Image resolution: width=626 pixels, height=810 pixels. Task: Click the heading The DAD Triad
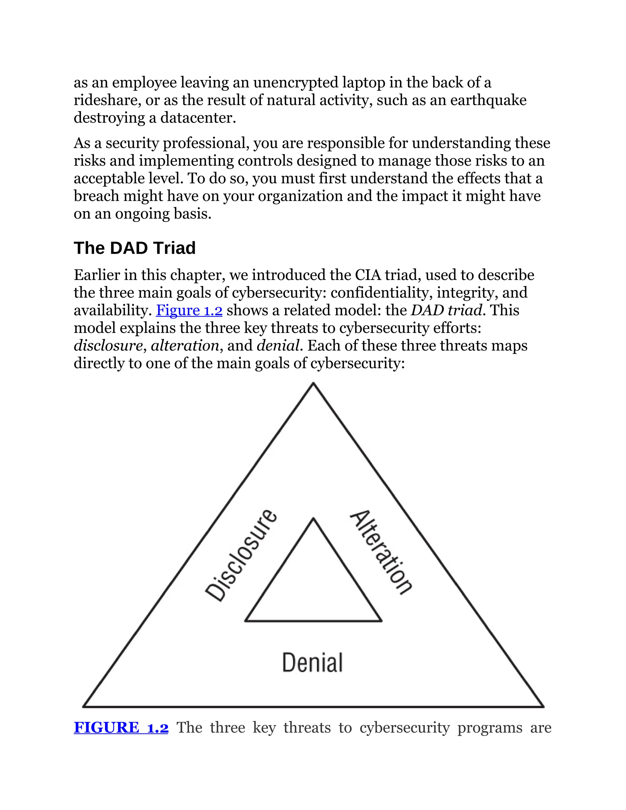(x=134, y=248)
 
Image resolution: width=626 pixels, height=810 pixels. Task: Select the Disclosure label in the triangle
(x=241, y=556)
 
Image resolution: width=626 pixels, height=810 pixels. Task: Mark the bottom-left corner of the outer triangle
(x=83, y=706)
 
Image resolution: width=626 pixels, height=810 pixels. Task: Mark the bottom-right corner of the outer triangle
(x=543, y=706)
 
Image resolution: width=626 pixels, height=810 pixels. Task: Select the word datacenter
(x=198, y=118)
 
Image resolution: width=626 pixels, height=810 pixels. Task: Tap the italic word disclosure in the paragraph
(x=108, y=346)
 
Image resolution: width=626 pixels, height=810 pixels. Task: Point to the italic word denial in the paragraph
(x=278, y=346)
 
